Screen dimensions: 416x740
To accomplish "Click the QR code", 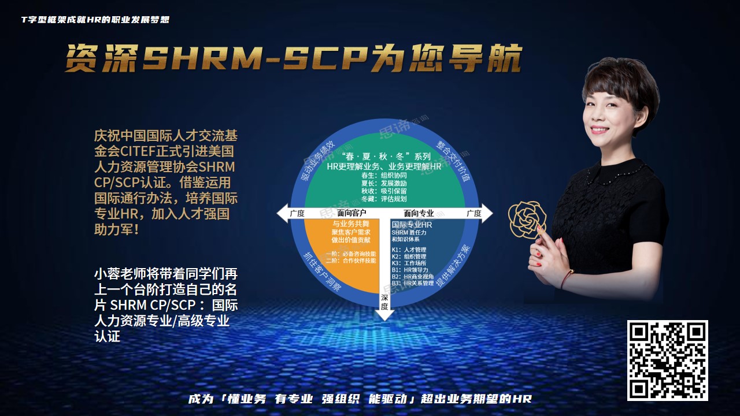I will [x=668, y=360].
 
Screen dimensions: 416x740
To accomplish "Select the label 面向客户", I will [x=351, y=213].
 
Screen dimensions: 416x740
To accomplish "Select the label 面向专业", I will [x=419, y=213].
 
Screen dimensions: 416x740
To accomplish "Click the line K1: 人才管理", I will [x=409, y=250].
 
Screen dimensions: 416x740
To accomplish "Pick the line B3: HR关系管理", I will [x=412, y=283].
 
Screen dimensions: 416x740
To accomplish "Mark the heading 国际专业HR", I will [x=412, y=224].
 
